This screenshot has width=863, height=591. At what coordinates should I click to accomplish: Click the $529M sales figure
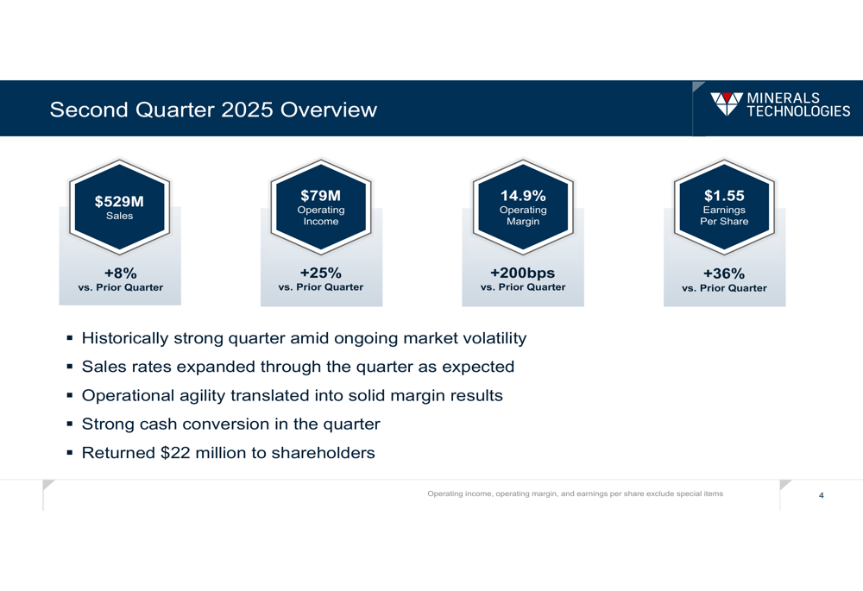(119, 202)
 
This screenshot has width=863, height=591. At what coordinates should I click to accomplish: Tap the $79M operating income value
(320, 196)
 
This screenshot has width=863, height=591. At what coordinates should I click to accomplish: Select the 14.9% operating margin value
(523, 196)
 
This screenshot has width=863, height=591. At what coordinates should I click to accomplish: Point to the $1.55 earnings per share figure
(724, 196)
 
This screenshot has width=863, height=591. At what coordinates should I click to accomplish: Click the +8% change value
(120, 273)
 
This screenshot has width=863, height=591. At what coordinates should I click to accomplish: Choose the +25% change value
(320, 273)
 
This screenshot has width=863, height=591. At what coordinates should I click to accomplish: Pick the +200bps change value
(523, 273)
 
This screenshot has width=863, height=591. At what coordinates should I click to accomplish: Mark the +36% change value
(724, 273)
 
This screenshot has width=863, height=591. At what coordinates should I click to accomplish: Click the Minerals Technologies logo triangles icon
(726, 104)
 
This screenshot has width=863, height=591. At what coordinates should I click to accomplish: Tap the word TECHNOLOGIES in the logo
(798, 110)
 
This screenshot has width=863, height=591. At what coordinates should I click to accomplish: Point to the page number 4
(821, 495)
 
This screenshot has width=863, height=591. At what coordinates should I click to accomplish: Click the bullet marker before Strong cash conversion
(70, 424)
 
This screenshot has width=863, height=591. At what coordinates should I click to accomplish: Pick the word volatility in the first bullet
(490, 338)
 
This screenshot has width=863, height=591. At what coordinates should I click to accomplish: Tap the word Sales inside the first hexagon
(119, 216)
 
